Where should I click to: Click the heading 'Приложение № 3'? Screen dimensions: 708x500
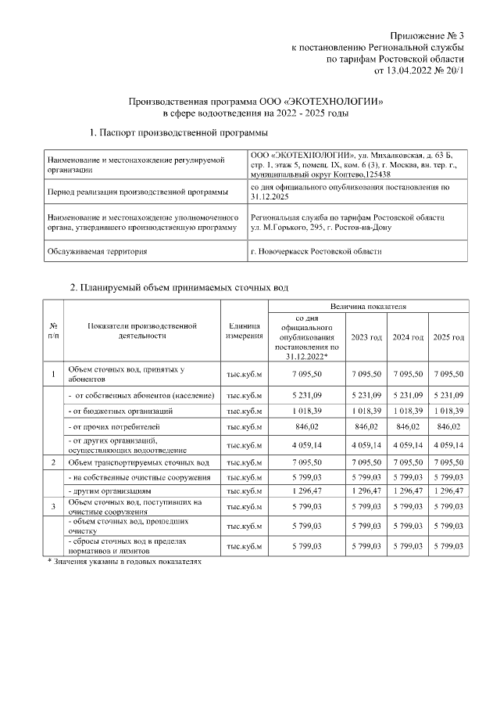[427, 36]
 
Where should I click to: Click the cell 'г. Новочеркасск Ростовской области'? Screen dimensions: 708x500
[316, 251]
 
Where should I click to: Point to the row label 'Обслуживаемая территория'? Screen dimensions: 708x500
[97, 251]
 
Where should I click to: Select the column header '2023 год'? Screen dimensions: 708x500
[367, 337]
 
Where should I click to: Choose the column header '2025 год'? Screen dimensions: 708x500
[448, 337]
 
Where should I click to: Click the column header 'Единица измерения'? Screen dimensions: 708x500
[245, 332]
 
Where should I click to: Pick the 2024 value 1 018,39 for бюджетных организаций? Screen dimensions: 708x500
[408, 411]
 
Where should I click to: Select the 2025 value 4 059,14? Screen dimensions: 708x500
[448, 444]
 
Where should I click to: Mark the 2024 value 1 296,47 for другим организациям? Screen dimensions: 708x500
[408, 491]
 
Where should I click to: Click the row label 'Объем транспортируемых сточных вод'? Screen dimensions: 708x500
[139, 463]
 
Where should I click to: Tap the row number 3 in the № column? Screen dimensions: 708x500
[53, 507]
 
